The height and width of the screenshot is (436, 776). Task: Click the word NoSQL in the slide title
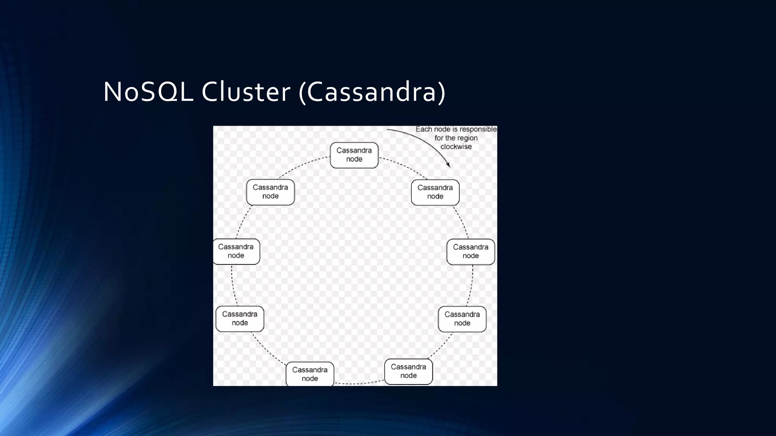[x=148, y=92]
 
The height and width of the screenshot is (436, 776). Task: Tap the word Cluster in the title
[x=246, y=92]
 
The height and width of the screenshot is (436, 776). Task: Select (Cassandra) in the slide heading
[x=372, y=92]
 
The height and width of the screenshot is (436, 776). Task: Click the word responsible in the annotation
[x=478, y=129]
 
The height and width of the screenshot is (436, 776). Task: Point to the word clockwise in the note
[x=456, y=147]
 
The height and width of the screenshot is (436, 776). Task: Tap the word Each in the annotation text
[x=423, y=129]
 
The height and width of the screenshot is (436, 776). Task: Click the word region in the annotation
[x=467, y=138]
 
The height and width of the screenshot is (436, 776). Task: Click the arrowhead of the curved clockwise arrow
[x=448, y=165]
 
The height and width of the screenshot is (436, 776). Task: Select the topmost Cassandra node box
[x=354, y=155]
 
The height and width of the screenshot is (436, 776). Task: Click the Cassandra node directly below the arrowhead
[x=435, y=192]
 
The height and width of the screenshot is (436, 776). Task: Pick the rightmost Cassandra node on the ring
[x=471, y=252]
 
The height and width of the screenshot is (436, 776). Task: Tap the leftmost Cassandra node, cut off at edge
[x=236, y=251]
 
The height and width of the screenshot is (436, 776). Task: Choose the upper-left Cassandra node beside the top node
[x=270, y=192]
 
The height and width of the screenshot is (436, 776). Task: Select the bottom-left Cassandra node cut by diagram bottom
[x=310, y=374]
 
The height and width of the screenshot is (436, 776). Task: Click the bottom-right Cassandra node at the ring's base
[x=408, y=371]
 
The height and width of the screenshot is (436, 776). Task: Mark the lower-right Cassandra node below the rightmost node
[x=462, y=319]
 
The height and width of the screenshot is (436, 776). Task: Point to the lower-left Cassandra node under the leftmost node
[x=239, y=319]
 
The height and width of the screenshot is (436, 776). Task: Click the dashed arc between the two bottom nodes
[x=359, y=384]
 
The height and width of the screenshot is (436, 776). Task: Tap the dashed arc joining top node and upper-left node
[x=303, y=165]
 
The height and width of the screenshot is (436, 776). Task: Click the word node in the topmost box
[x=354, y=159]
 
